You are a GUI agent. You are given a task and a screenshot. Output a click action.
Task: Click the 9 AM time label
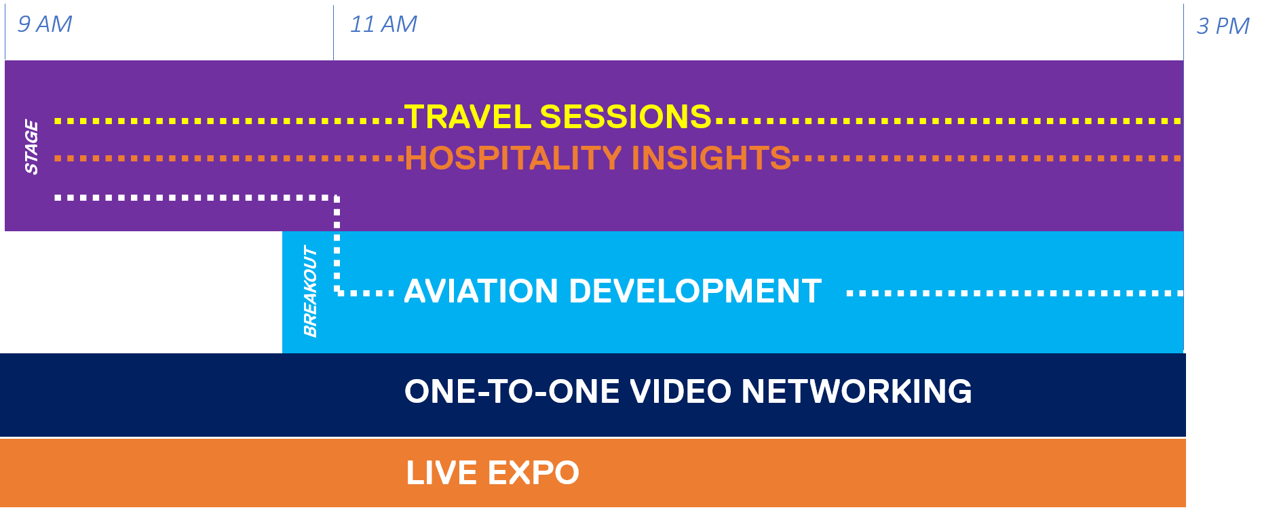pos(45,24)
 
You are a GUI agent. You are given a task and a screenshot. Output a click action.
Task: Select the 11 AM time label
pos(383,24)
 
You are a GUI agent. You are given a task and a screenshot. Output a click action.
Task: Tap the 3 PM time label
pos(1223,26)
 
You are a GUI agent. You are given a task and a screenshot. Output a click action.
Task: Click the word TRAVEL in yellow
pos(468,117)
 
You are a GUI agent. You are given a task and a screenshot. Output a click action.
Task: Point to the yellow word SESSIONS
pos(626,117)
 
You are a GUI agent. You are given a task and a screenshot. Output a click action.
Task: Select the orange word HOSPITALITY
pos(513,158)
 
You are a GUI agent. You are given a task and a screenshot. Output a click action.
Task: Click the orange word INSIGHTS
pos(711,158)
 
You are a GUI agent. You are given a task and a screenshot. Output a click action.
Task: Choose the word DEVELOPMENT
pos(695,292)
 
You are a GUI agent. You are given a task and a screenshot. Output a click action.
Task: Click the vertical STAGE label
pos(31,146)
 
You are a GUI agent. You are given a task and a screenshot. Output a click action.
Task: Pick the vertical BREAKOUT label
pos(310,292)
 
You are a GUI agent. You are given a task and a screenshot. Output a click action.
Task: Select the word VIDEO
pos(681,391)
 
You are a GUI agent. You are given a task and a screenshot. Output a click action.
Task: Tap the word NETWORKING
pos(857,391)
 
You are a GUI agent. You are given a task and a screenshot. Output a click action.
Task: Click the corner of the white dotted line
pos(337,198)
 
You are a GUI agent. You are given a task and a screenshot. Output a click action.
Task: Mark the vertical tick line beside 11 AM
pos(333,33)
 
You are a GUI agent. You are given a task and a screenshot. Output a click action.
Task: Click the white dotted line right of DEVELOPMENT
pos(1015,294)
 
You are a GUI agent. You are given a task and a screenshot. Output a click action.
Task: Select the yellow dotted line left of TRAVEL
pos(229,121)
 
